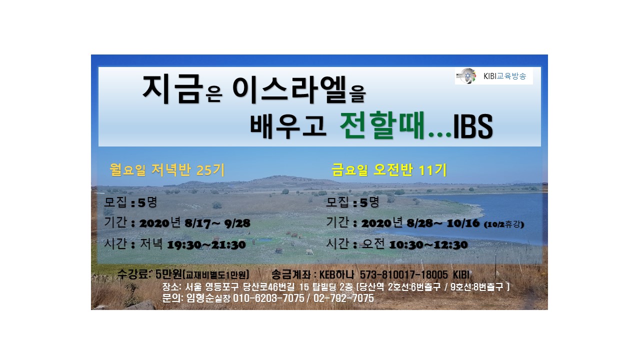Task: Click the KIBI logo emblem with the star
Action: click(466, 76)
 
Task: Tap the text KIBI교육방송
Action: click(504, 76)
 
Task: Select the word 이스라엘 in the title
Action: click(289, 89)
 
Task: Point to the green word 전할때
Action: click(381, 125)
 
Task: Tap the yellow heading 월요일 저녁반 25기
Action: click(167, 170)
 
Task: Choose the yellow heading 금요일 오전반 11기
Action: click(389, 170)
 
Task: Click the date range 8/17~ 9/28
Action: click(217, 223)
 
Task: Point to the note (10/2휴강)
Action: click(504, 224)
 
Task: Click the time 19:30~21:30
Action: click(206, 245)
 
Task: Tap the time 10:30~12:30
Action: click(428, 245)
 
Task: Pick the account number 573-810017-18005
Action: click(403, 275)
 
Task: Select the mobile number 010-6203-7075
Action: click(268, 298)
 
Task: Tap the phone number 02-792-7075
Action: click(343, 298)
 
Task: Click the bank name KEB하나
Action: click(336, 275)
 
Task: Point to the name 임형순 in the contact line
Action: click(200, 298)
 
